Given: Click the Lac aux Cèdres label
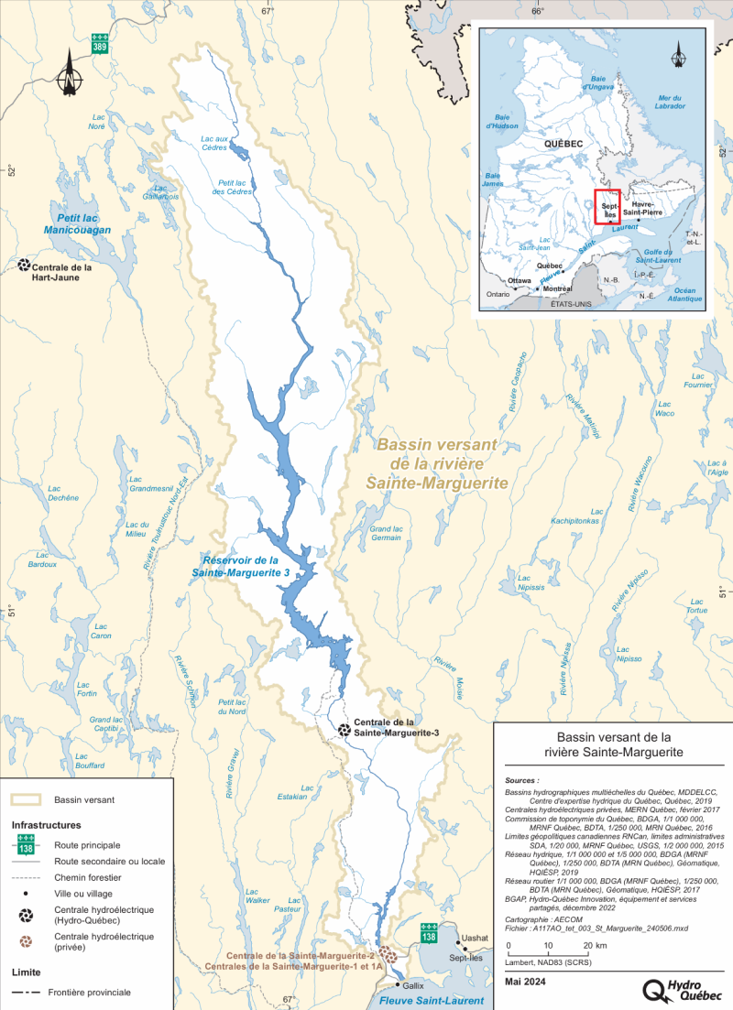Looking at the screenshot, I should pos(214,141).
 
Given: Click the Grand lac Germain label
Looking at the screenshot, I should pos(386,533).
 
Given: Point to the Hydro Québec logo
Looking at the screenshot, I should pos(683,990).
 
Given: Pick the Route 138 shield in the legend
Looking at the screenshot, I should pos(27,844).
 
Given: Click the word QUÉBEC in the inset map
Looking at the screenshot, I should pos(564,144).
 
